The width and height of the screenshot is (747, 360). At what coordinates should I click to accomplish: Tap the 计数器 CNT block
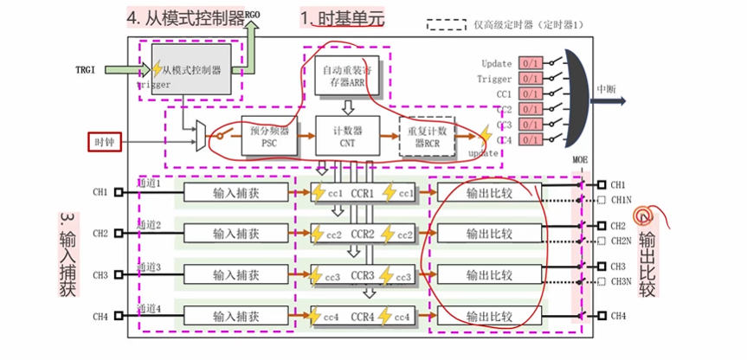point(348,137)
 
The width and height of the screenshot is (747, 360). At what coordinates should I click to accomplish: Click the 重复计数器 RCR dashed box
point(427,137)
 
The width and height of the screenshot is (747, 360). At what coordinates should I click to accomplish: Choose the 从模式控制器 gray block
point(191,69)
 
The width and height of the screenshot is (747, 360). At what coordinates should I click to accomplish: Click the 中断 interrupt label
point(607,88)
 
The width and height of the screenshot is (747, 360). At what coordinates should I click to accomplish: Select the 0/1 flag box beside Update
point(530,63)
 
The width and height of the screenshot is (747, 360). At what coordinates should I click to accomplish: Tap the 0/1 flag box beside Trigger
point(530,79)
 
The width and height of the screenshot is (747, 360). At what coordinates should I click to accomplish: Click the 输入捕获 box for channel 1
point(236,192)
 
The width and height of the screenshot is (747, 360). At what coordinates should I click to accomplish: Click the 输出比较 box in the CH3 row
point(489,275)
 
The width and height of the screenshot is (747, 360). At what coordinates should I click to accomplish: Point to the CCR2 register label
point(362,234)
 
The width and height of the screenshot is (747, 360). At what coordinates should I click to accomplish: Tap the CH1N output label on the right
point(621,201)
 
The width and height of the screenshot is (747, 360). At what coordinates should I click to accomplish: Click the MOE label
point(580,161)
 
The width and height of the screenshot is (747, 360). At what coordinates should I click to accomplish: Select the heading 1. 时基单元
point(342,17)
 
